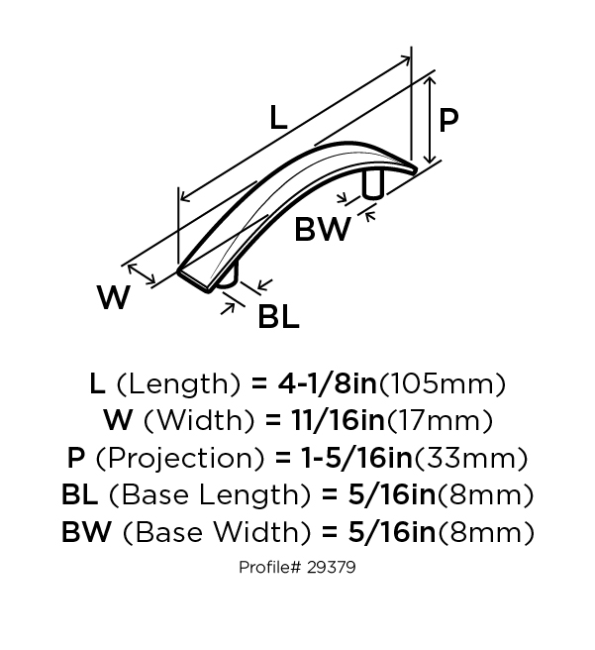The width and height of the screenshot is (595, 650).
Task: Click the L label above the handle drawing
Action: [278, 118]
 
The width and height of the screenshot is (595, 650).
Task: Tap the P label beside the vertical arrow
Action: [448, 120]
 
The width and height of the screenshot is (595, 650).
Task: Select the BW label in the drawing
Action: [322, 229]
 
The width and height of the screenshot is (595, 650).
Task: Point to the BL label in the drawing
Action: [278, 316]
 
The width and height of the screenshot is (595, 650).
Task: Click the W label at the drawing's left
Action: [114, 297]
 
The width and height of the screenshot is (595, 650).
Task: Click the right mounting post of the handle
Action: [372, 183]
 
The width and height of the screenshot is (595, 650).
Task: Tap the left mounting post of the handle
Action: [228, 276]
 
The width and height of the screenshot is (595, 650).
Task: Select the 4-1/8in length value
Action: [327, 383]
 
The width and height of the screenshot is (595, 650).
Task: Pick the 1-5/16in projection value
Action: [357, 458]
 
